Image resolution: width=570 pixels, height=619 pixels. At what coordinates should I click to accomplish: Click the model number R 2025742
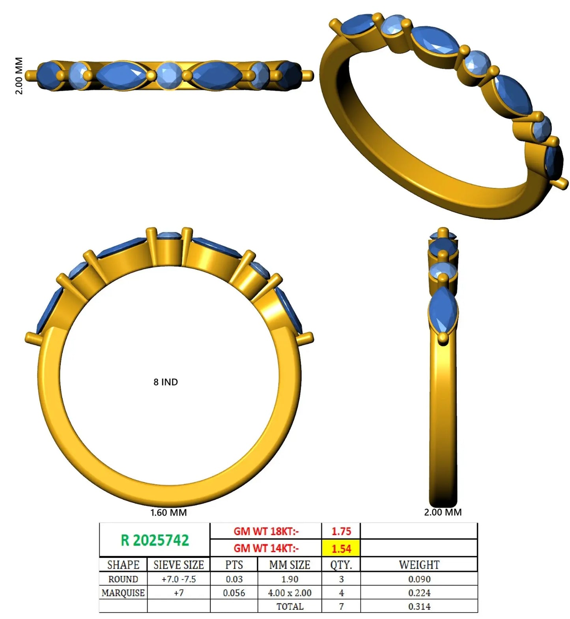pyautogui.click(x=155, y=540)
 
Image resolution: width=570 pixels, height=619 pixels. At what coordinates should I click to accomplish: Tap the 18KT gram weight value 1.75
pyautogui.click(x=341, y=531)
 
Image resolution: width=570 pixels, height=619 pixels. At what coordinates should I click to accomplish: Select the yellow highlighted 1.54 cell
pyautogui.click(x=341, y=548)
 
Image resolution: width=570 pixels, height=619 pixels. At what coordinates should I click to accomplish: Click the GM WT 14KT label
pyautogui.click(x=266, y=548)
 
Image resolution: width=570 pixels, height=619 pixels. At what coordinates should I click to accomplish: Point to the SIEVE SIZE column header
pyautogui.click(x=179, y=565)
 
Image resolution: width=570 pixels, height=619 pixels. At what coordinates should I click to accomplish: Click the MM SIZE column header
pyautogui.click(x=290, y=565)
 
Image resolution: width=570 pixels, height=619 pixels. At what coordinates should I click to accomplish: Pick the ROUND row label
pyautogui.click(x=123, y=579)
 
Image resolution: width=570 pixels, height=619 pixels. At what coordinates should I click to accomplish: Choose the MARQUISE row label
pyautogui.click(x=123, y=593)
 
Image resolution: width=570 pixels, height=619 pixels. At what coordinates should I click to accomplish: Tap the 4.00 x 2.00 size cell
pyautogui.click(x=290, y=593)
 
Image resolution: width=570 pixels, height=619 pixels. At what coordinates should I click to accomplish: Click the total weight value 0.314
pyautogui.click(x=419, y=606)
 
